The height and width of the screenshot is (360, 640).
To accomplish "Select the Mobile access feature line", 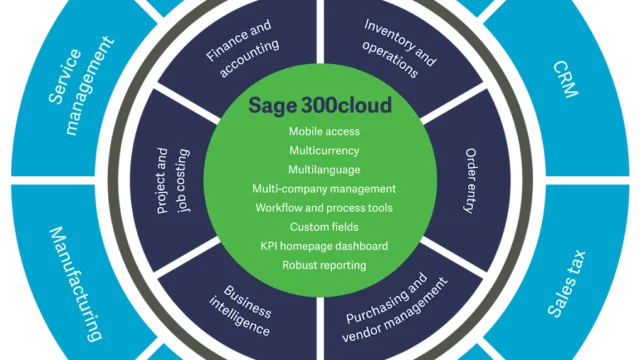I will point(324,131).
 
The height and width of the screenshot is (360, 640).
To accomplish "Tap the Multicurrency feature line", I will point(324,150).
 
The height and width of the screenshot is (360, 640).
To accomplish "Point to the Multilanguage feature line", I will point(324,169).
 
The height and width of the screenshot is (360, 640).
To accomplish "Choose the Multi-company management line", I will point(324,188).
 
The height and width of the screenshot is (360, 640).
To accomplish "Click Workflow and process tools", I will point(324,207).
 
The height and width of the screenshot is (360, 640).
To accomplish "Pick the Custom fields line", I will point(324,226).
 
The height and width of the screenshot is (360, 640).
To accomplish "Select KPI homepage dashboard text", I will point(324,245).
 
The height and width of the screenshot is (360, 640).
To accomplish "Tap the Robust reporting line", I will point(324,265).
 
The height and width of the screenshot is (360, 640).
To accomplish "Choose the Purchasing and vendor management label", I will point(396,311).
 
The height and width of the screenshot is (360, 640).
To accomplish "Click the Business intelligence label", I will point(240,312).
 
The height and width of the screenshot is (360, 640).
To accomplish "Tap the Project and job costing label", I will point(168,180).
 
